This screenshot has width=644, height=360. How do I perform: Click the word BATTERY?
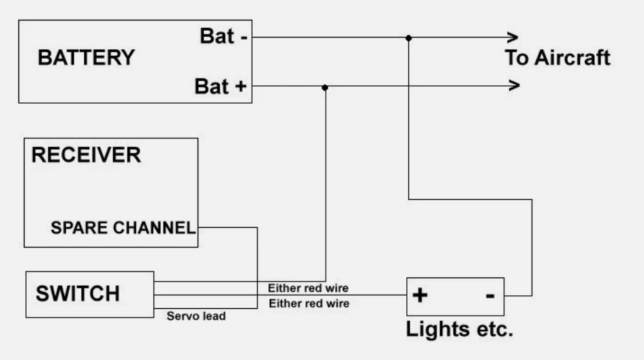[x=87, y=57]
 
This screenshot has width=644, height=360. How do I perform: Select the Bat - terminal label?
[x=224, y=36]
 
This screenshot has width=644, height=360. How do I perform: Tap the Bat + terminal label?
[x=221, y=87]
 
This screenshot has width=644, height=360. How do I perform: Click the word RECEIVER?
[x=87, y=155]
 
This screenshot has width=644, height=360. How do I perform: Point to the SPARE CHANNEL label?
[x=123, y=228]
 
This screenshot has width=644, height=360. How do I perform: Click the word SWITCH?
[x=78, y=293]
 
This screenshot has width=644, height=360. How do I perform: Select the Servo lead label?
[x=196, y=316]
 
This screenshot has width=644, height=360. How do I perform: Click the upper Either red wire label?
[x=308, y=288]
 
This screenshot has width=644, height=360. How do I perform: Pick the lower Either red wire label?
[x=309, y=303]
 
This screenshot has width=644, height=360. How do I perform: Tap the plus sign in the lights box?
[x=420, y=295]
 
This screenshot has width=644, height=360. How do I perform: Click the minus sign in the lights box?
[x=490, y=295]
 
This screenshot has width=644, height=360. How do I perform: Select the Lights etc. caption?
[x=459, y=329]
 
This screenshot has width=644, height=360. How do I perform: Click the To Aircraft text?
[x=557, y=57]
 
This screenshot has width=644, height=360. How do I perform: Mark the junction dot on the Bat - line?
[x=408, y=38]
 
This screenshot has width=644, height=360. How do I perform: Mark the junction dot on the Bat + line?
[x=325, y=87]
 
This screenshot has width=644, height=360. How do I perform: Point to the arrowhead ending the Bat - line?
[x=513, y=37]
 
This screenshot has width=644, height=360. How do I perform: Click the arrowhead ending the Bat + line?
[x=515, y=85]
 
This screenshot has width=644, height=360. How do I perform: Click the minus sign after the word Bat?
[x=244, y=37]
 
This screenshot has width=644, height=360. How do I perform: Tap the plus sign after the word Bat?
[x=241, y=87]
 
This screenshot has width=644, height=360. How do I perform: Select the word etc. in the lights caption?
[x=495, y=330]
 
